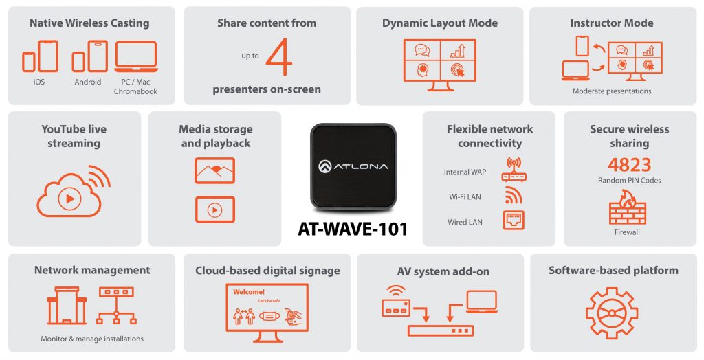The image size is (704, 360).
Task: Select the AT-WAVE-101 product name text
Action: coord(352,229)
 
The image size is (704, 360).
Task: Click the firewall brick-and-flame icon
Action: coord(627,208)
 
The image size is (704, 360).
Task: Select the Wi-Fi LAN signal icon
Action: coord(513,196)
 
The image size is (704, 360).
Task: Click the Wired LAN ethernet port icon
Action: coord(513,221)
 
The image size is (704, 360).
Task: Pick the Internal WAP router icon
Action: coord(513,170)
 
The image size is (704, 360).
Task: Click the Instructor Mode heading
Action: coord(612,23)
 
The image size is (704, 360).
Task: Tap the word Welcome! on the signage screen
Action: coord(248,292)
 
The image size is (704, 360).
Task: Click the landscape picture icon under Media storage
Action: coord(214,170)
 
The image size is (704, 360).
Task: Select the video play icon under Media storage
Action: coord(214,209)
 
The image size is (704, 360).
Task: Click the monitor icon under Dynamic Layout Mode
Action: coord(439,65)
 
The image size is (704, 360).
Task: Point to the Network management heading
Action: coord(92,270)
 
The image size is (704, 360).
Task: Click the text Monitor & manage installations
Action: coord(92,339)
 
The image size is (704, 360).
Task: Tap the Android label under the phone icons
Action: coord(88,82)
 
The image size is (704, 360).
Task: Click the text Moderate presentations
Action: coord(612,91)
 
